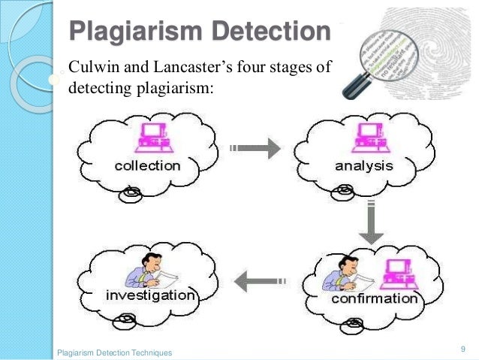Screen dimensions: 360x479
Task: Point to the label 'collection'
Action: [147, 165]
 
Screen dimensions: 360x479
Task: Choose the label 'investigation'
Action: [149, 295]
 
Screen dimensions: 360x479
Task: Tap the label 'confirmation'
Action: [375, 299]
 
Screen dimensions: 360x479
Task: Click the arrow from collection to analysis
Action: [255, 149]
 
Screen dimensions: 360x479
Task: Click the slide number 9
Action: [463, 348]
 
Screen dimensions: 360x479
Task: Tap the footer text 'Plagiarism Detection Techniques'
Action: [114, 352]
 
